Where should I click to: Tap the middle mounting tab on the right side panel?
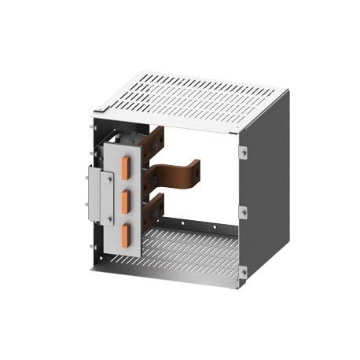(x=244, y=211)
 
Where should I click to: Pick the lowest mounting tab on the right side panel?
(x=244, y=271)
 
